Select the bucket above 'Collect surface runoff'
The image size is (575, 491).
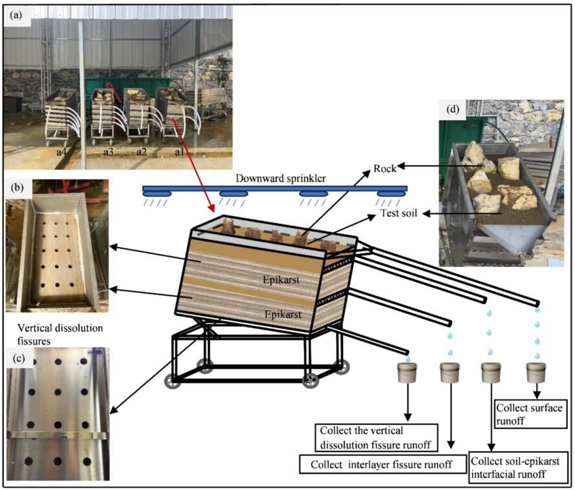tap(536, 372)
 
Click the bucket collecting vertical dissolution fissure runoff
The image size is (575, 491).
tap(408, 372)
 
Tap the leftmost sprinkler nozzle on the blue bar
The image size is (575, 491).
tap(156, 194)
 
